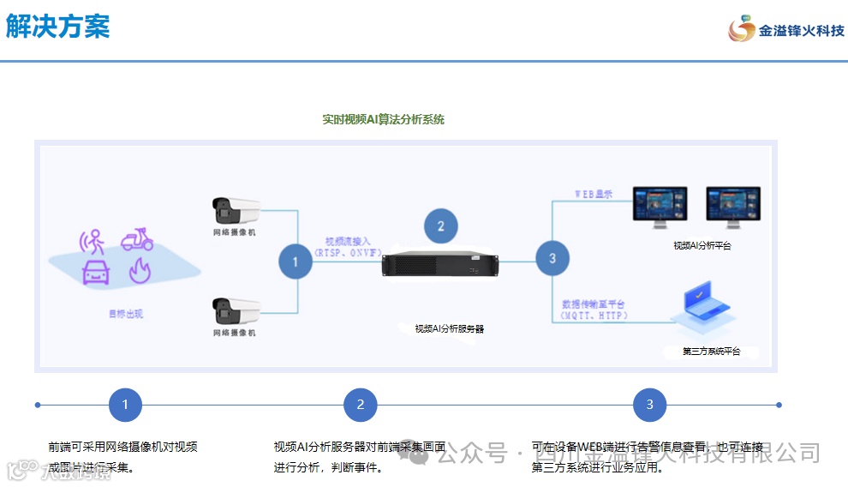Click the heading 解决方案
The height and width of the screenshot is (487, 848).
tap(58, 27)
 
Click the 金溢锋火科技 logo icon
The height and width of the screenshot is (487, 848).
tap(741, 29)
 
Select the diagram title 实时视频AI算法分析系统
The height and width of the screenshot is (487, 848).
tap(383, 120)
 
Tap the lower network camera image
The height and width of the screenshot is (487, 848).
tap(236, 310)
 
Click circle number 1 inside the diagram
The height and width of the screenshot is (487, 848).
tap(296, 262)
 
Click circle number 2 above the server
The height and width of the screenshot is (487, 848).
tap(441, 226)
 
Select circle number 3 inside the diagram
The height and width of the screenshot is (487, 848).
tap(552, 258)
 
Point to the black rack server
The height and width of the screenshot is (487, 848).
tap(440, 266)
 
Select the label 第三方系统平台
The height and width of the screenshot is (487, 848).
tap(711, 352)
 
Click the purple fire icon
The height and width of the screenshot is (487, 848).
tap(139, 273)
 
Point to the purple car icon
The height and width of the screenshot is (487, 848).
tap(96, 273)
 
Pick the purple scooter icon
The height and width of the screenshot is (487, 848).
tap(137, 239)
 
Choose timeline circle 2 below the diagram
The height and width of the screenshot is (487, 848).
tap(361, 405)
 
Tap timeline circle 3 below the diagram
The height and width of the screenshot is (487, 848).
tap(649, 405)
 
